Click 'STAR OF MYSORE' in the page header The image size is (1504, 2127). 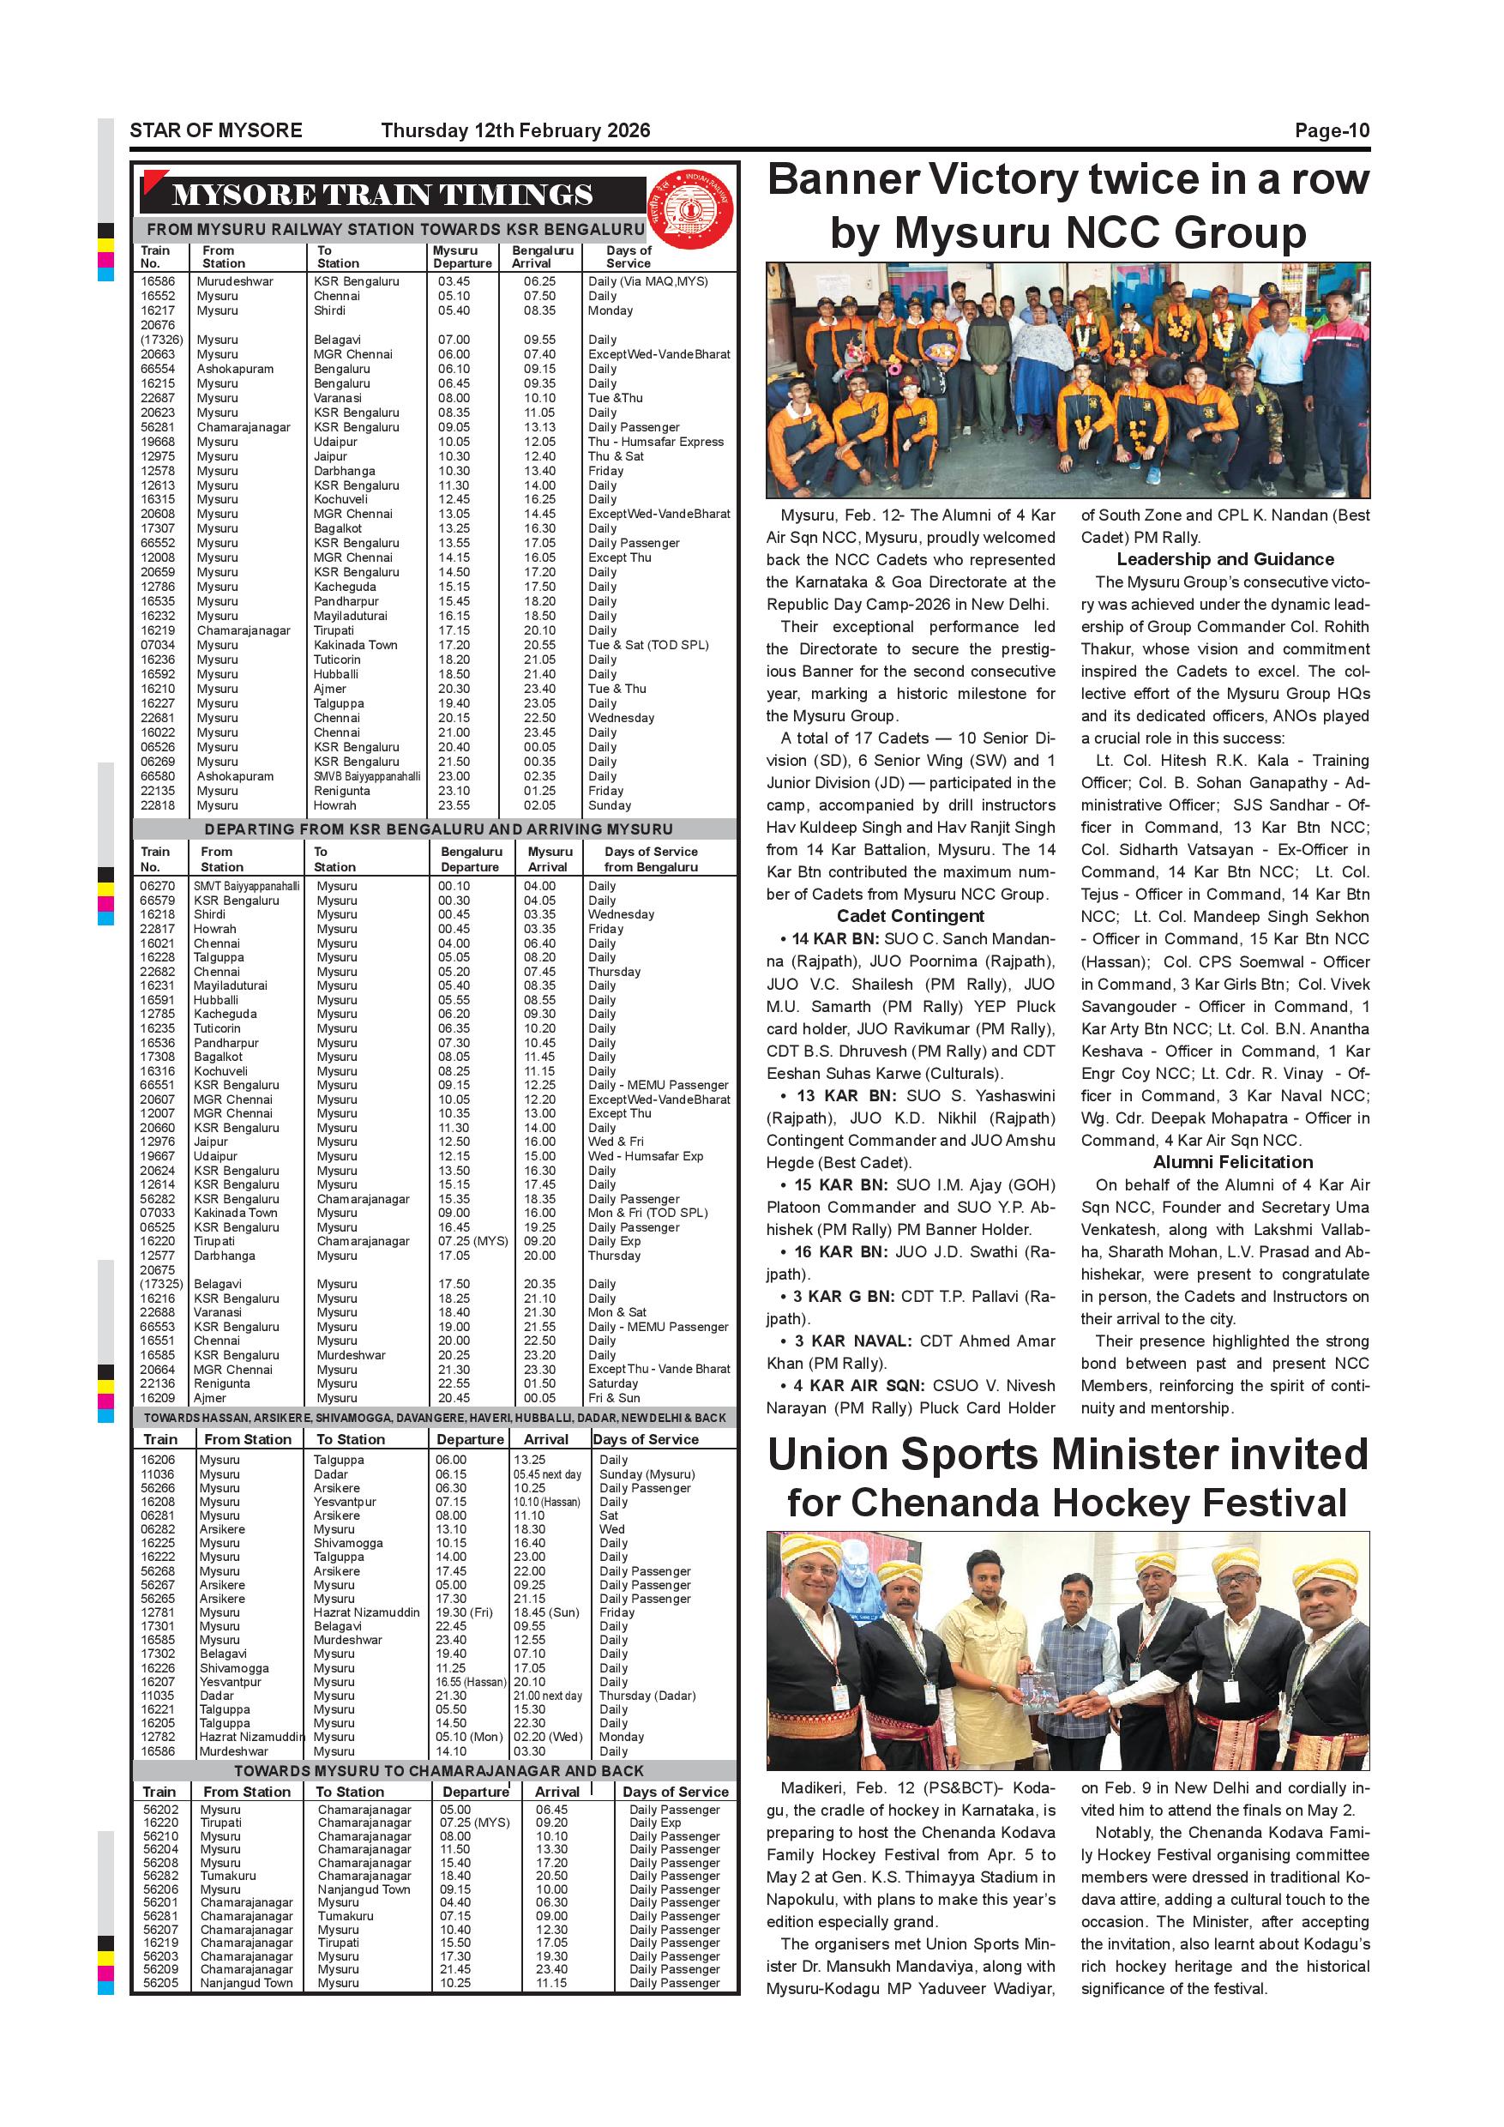[216, 130]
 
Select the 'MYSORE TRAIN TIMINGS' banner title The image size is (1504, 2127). [382, 196]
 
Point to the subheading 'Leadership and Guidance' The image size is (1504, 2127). [1224, 559]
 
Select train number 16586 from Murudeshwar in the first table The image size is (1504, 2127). [158, 281]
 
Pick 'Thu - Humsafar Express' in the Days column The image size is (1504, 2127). [656, 442]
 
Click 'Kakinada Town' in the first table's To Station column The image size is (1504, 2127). [355, 645]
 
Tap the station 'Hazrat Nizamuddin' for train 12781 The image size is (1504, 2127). [366, 1612]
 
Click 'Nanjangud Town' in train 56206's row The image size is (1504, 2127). [363, 1889]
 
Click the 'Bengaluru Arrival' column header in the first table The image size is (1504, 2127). [542, 256]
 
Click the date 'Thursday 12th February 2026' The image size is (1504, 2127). [515, 130]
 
